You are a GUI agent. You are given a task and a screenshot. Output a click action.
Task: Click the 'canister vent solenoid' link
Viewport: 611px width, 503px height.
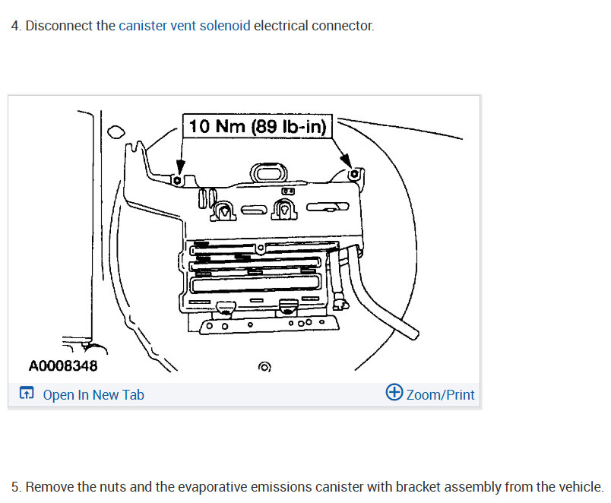tap(184, 26)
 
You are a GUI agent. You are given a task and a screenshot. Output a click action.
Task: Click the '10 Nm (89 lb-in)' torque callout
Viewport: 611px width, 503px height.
tap(258, 126)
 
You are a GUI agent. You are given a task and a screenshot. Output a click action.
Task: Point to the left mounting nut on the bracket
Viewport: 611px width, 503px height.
tap(176, 181)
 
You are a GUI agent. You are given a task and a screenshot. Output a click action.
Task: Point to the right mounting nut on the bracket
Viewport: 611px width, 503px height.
tap(353, 175)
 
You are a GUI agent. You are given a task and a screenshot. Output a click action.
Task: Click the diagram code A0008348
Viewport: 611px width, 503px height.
tap(63, 366)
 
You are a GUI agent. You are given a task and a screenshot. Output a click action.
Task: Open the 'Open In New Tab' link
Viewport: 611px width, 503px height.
tap(93, 394)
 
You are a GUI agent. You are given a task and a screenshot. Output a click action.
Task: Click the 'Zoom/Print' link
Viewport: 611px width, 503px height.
tap(440, 394)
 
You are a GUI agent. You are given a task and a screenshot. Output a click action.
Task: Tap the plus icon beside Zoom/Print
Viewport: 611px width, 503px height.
tap(394, 393)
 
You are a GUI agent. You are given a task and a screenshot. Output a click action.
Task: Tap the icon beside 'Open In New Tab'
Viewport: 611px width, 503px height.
tap(27, 394)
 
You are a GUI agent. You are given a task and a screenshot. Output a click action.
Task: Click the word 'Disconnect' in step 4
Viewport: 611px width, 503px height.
tap(61, 26)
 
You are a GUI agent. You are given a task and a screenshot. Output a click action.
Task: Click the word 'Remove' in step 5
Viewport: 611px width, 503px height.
tap(48, 487)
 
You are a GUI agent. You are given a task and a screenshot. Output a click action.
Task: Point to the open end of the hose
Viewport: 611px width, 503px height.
tap(412, 333)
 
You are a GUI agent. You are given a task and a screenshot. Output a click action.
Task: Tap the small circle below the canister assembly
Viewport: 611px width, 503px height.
tap(264, 367)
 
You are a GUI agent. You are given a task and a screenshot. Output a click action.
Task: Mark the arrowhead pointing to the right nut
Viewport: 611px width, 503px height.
tap(347, 162)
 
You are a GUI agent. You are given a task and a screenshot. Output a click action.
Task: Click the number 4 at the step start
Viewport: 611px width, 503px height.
tap(15, 26)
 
